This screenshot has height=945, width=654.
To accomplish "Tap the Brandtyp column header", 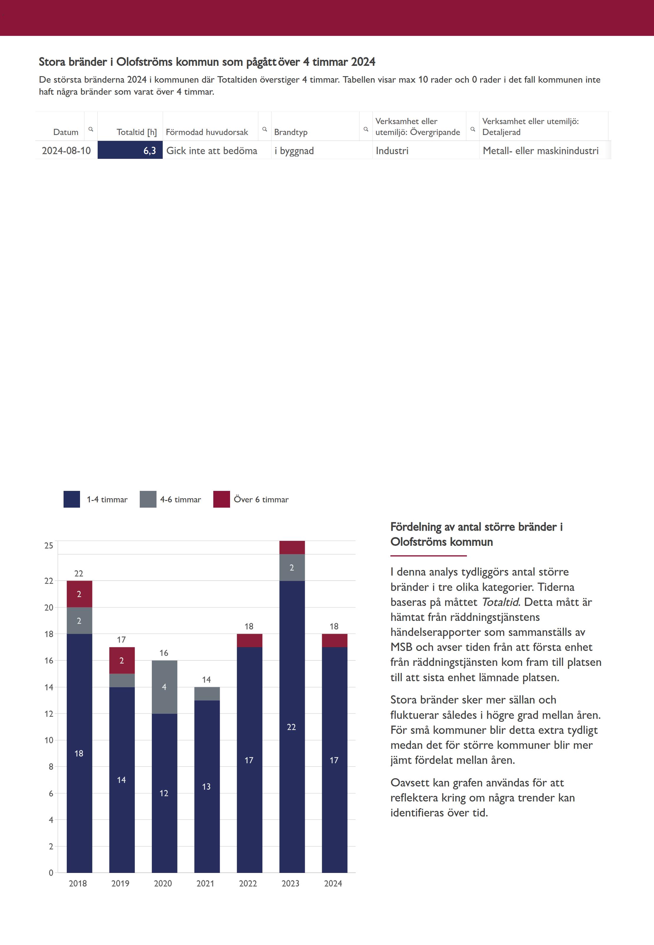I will tap(291, 132).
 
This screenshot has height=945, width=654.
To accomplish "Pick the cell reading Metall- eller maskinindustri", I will tap(540, 151).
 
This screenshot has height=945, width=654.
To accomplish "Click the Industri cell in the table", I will tap(392, 151).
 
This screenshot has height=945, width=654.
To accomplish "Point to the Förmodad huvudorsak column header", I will tap(207, 132).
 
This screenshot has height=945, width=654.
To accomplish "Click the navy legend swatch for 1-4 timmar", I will tap(72, 499).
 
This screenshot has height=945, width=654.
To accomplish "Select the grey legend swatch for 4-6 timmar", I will tap(148, 499).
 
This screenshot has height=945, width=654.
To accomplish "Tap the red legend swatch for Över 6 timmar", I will tap(221, 499).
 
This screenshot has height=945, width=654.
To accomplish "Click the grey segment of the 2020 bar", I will tap(164, 687).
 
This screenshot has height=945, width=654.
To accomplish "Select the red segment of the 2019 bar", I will tap(122, 660).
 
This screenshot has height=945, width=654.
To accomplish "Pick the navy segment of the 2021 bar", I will tap(207, 786).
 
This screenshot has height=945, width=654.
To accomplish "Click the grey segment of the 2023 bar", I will tap(292, 567).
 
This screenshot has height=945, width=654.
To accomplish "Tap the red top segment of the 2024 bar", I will tap(335, 640).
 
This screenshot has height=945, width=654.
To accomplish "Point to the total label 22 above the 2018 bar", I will tap(79, 574).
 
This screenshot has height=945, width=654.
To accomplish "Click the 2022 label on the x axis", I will tap(248, 884).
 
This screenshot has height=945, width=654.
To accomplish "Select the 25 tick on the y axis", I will tap(49, 546).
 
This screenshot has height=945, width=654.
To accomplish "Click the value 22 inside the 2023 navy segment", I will tap(291, 727).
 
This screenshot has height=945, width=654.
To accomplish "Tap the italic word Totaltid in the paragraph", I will tap(500, 602).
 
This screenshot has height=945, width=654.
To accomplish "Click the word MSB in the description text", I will tap(401, 647).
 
